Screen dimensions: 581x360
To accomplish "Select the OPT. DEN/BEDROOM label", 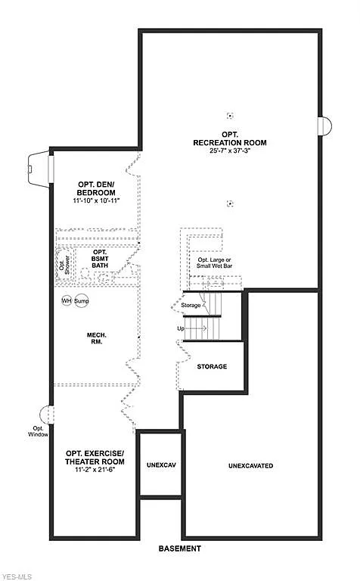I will [97, 188].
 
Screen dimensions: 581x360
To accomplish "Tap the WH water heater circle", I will [67, 301].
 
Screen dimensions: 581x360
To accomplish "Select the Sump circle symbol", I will [82, 301].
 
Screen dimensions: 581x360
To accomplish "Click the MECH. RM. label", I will [95, 337].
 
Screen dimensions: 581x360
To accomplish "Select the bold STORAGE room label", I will [212, 366].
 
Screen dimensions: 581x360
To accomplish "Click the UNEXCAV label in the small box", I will [160, 464].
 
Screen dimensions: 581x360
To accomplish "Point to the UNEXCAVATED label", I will [250, 465].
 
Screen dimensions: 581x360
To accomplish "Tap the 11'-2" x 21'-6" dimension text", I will [95, 470].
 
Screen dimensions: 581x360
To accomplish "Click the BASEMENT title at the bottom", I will [179, 548].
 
